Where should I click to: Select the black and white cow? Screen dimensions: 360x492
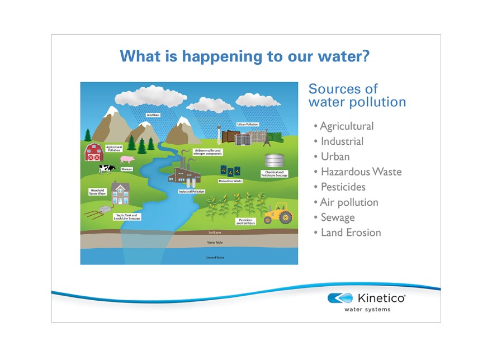pyautogui.click(x=107, y=168)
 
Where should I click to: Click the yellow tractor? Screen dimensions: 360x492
pyautogui.click(x=278, y=215)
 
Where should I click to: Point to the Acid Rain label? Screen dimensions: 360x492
pyautogui.click(x=153, y=115)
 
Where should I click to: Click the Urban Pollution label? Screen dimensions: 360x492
pyautogui.click(x=248, y=124)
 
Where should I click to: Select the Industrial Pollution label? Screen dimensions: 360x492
pyautogui.click(x=191, y=191)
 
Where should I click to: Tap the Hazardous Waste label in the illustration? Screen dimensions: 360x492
pyautogui.click(x=230, y=181)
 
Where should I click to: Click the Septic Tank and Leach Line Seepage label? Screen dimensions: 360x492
pyautogui.click(x=127, y=216)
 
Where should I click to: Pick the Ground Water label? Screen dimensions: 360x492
pyautogui.click(x=215, y=258)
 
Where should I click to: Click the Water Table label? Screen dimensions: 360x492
pyautogui.click(x=215, y=243)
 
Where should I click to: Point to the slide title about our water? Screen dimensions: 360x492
pyautogui.click(x=245, y=56)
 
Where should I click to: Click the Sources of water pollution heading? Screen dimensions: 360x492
pyautogui.click(x=357, y=96)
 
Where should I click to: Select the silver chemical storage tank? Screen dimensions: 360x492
pyautogui.click(x=274, y=162)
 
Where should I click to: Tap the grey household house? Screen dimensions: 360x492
pyautogui.click(x=120, y=193)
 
